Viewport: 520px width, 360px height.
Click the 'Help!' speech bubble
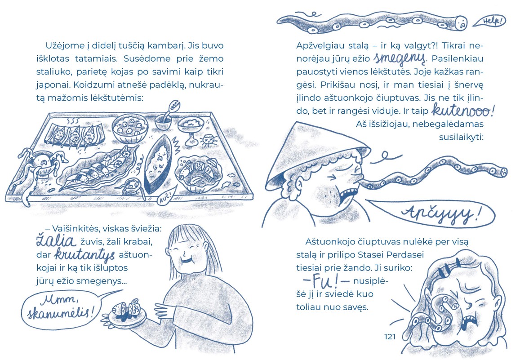489,21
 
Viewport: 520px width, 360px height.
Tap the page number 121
390,337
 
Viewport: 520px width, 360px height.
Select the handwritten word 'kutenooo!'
462,111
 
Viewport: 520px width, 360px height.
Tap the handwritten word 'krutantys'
84,254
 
